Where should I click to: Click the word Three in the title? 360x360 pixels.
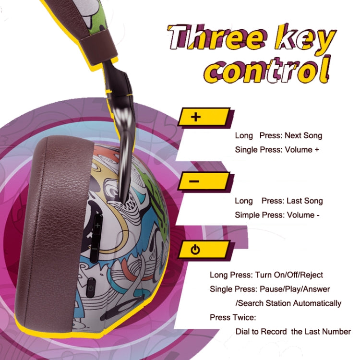click(218, 38)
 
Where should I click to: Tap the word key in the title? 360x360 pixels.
click(305, 39)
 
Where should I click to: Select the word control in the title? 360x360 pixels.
click(267, 69)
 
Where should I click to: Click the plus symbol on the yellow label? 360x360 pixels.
click(196, 117)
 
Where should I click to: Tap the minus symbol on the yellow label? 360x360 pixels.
click(194, 181)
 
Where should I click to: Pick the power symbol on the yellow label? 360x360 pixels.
click(195, 250)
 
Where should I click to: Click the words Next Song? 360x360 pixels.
click(303, 136)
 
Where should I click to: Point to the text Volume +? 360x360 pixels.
click(302, 150)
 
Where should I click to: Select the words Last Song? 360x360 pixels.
click(305, 201)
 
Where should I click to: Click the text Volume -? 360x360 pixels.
click(303, 215)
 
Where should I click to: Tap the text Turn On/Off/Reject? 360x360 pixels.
click(289, 275)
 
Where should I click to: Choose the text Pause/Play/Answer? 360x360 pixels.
click(295, 289)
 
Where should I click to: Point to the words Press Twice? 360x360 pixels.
click(233, 318)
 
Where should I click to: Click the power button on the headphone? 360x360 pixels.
click(91, 287)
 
